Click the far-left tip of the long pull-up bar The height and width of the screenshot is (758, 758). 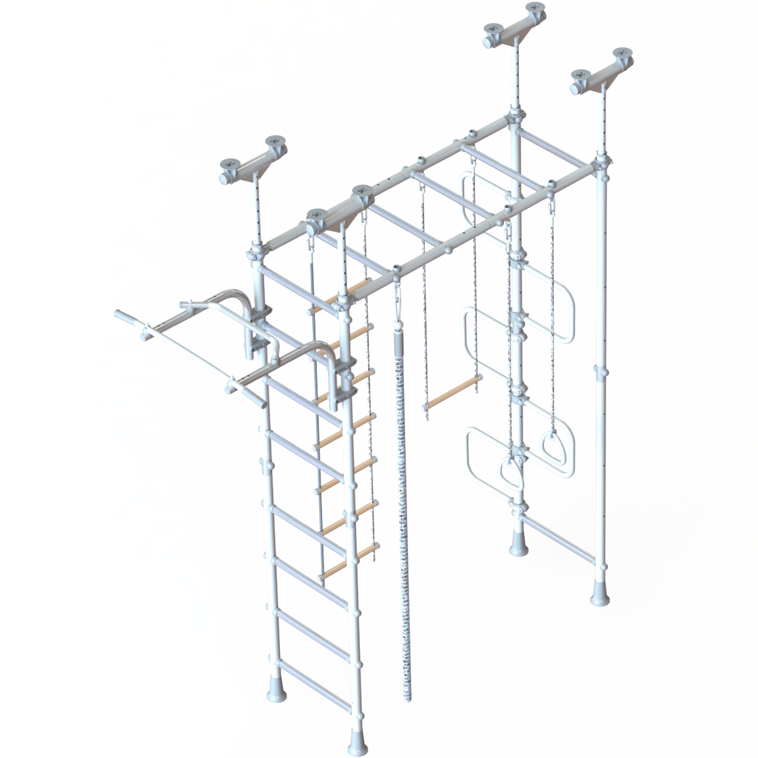pos(118,315)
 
